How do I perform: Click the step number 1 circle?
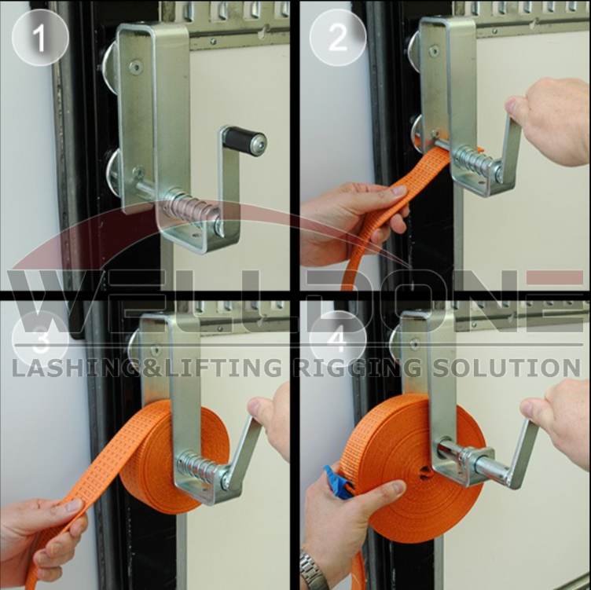click(40, 38)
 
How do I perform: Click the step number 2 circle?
click(338, 38)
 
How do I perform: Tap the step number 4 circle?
click(338, 339)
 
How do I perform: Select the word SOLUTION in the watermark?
click(506, 368)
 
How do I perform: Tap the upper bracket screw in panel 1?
click(135, 67)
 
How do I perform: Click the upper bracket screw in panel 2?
click(434, 51)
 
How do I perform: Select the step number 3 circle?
click(40, 339)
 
